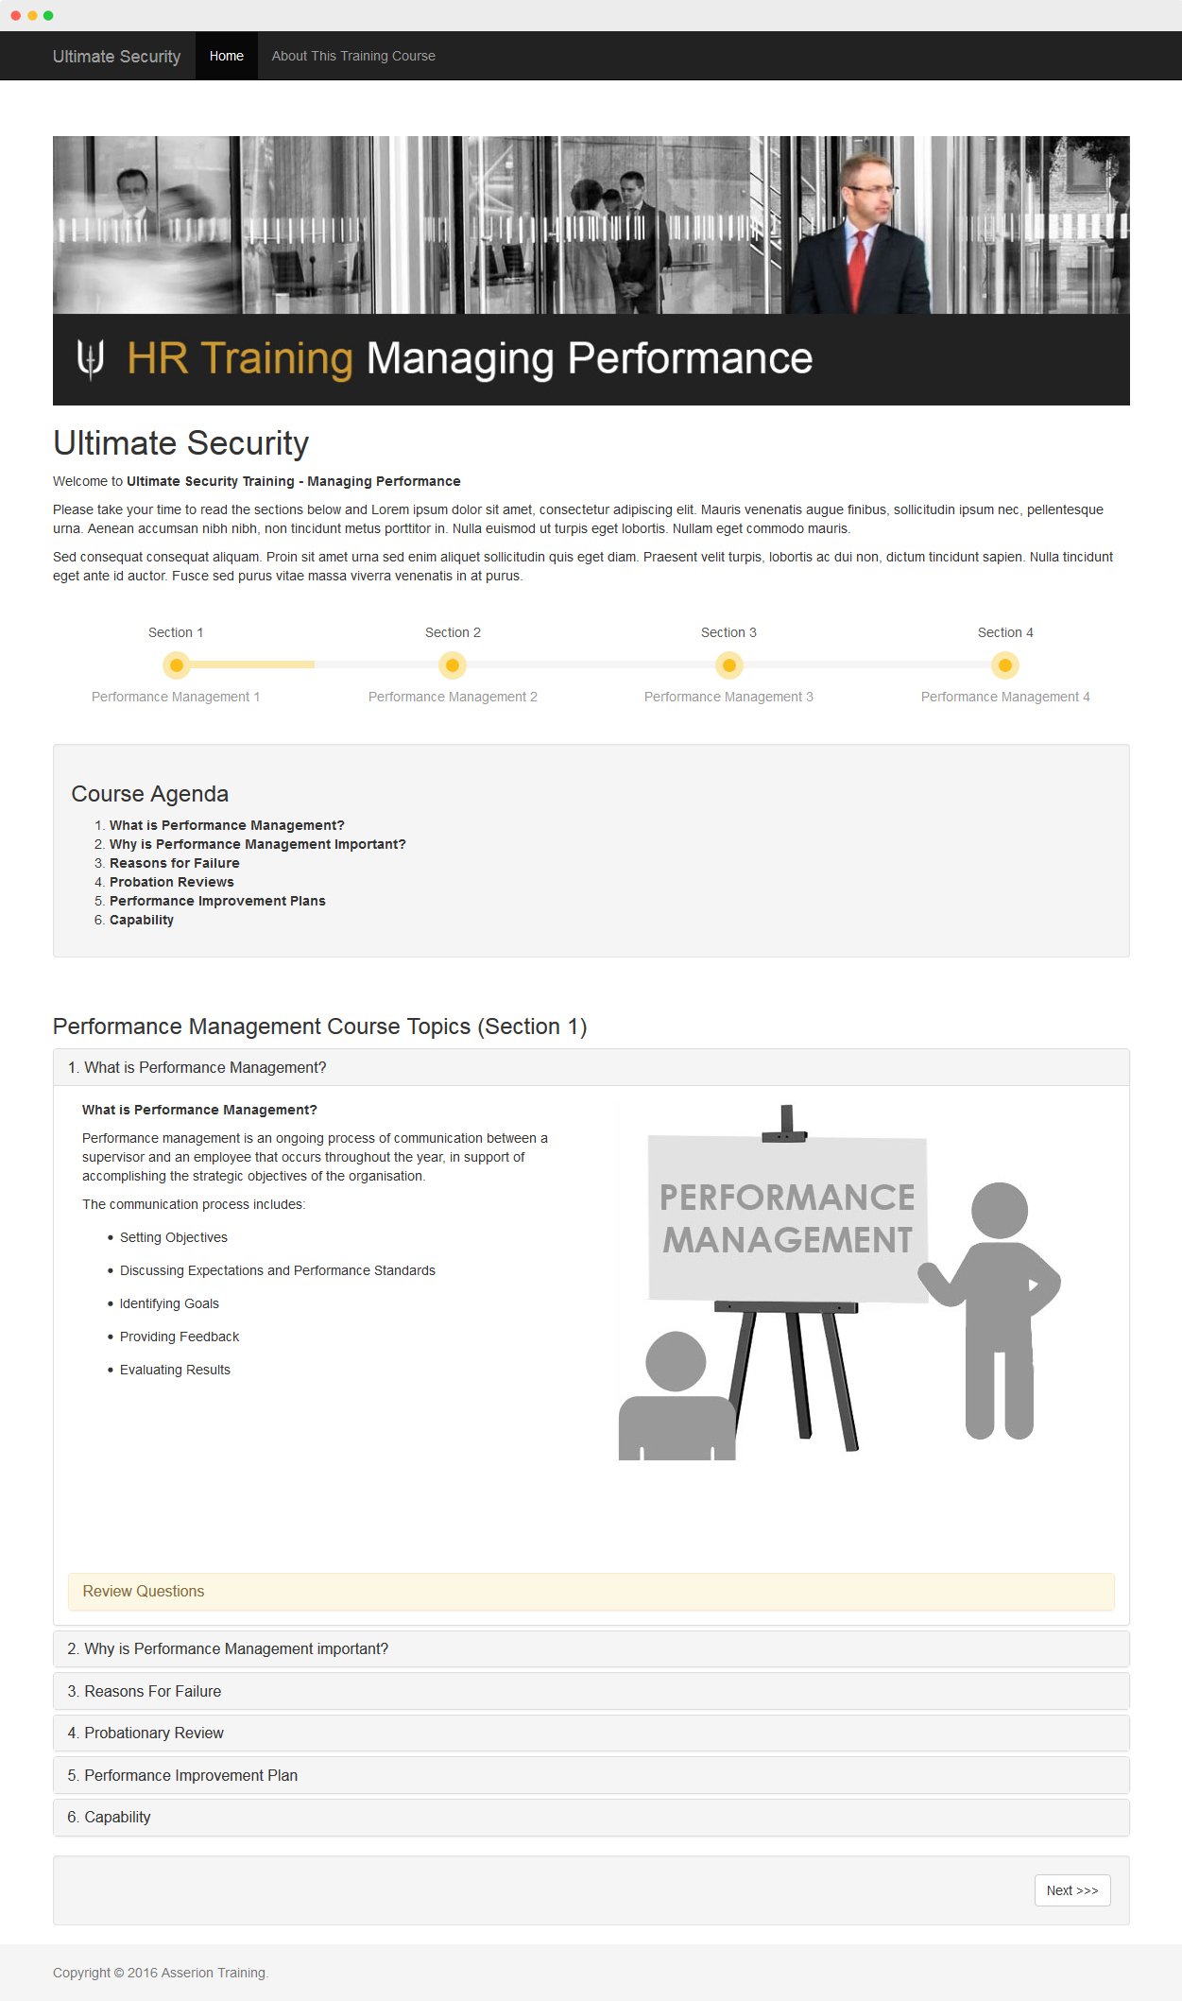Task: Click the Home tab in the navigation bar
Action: [x=227, y=56]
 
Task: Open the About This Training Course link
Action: [x=353, y=56]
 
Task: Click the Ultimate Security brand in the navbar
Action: [x=116, y=57]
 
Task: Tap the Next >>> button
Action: [x=1071, y=1890]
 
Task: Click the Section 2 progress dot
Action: [x=453, y=665]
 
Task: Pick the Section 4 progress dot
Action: [x=1005, y=665]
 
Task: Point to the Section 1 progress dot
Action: [x=176, y=665]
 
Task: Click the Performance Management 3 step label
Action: [x=728, y=697]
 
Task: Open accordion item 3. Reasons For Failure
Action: [x=153, y=1691]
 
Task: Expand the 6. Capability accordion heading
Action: [x=117, y=1817]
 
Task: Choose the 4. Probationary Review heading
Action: [x=154, y=1733]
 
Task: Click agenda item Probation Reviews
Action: [x=172, y=882]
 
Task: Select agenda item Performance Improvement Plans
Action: [x=217, y=901]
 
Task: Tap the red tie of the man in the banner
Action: [x=858, y=269]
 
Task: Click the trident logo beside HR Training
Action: [x=91, y=359]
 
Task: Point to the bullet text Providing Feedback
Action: [x=180, y=1337]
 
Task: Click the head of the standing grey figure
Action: [x=1000, y=1210]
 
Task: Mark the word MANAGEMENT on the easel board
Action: [x=787, y=1240]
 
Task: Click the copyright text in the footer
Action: [x=161, y=1973]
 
